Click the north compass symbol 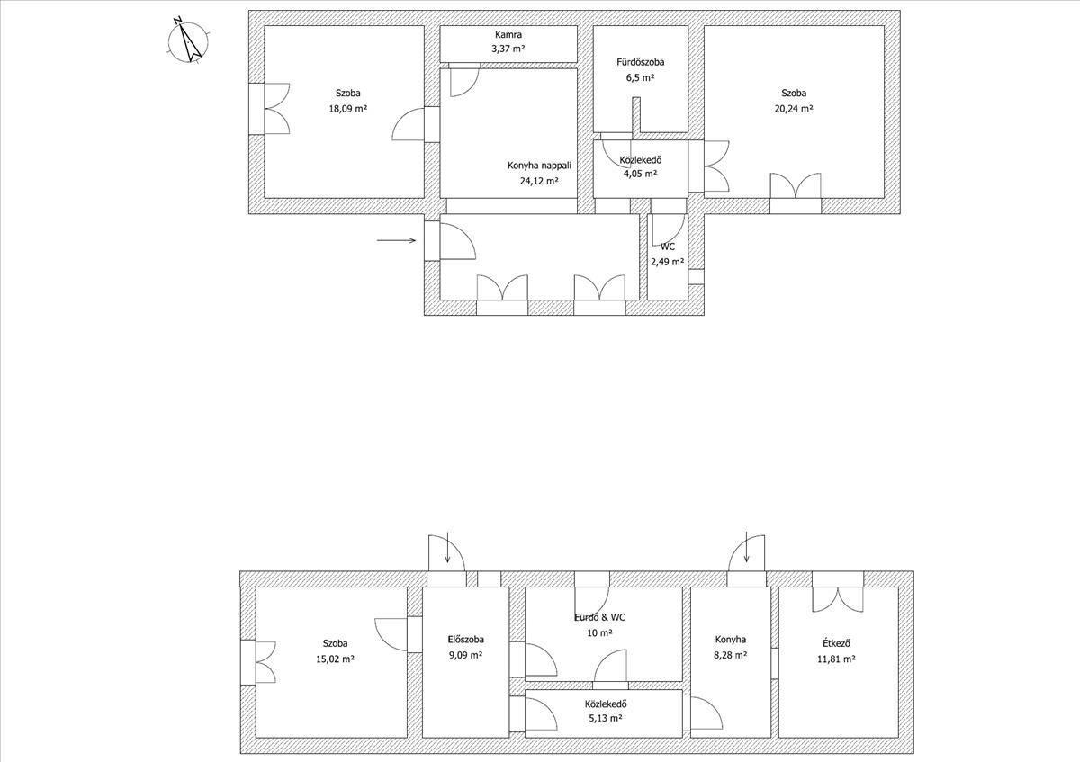pyautogui.click(x=188, y=41)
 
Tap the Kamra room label pyautogui.click(x=508, y=35)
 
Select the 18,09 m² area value pyautogui.click(x=347, y=109)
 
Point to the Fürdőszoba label pyautogui.click(x=640, y=62)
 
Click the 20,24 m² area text pyautogui.click(x=794, y=109)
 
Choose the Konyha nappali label pyautogui.click(x=539, y=166)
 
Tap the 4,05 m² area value pyautogui.click(x=640, y=174)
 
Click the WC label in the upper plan pyautogui.click(x=668, y=247)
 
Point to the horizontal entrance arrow pyautogui.click(x=396, y=240)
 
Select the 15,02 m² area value pyautogui.click(x=335, y=659)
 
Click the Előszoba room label pyautogui.click(x=465, y=640)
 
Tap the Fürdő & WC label pyautogui.click(x=599, y=617)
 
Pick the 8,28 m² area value pyautogui.click(x=731, y=655)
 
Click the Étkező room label pyautogui.click(x=836, y=643)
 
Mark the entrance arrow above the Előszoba pyautogui.click(x=448, y=547)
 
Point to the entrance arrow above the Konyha pyautogui.click(x=746, y=547)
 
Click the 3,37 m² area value pyautogui.click(x=508, y=49)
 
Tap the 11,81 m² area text pyautogui.click(x=836, y=659)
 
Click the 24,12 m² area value pyautogui.click(x=539, y=181)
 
